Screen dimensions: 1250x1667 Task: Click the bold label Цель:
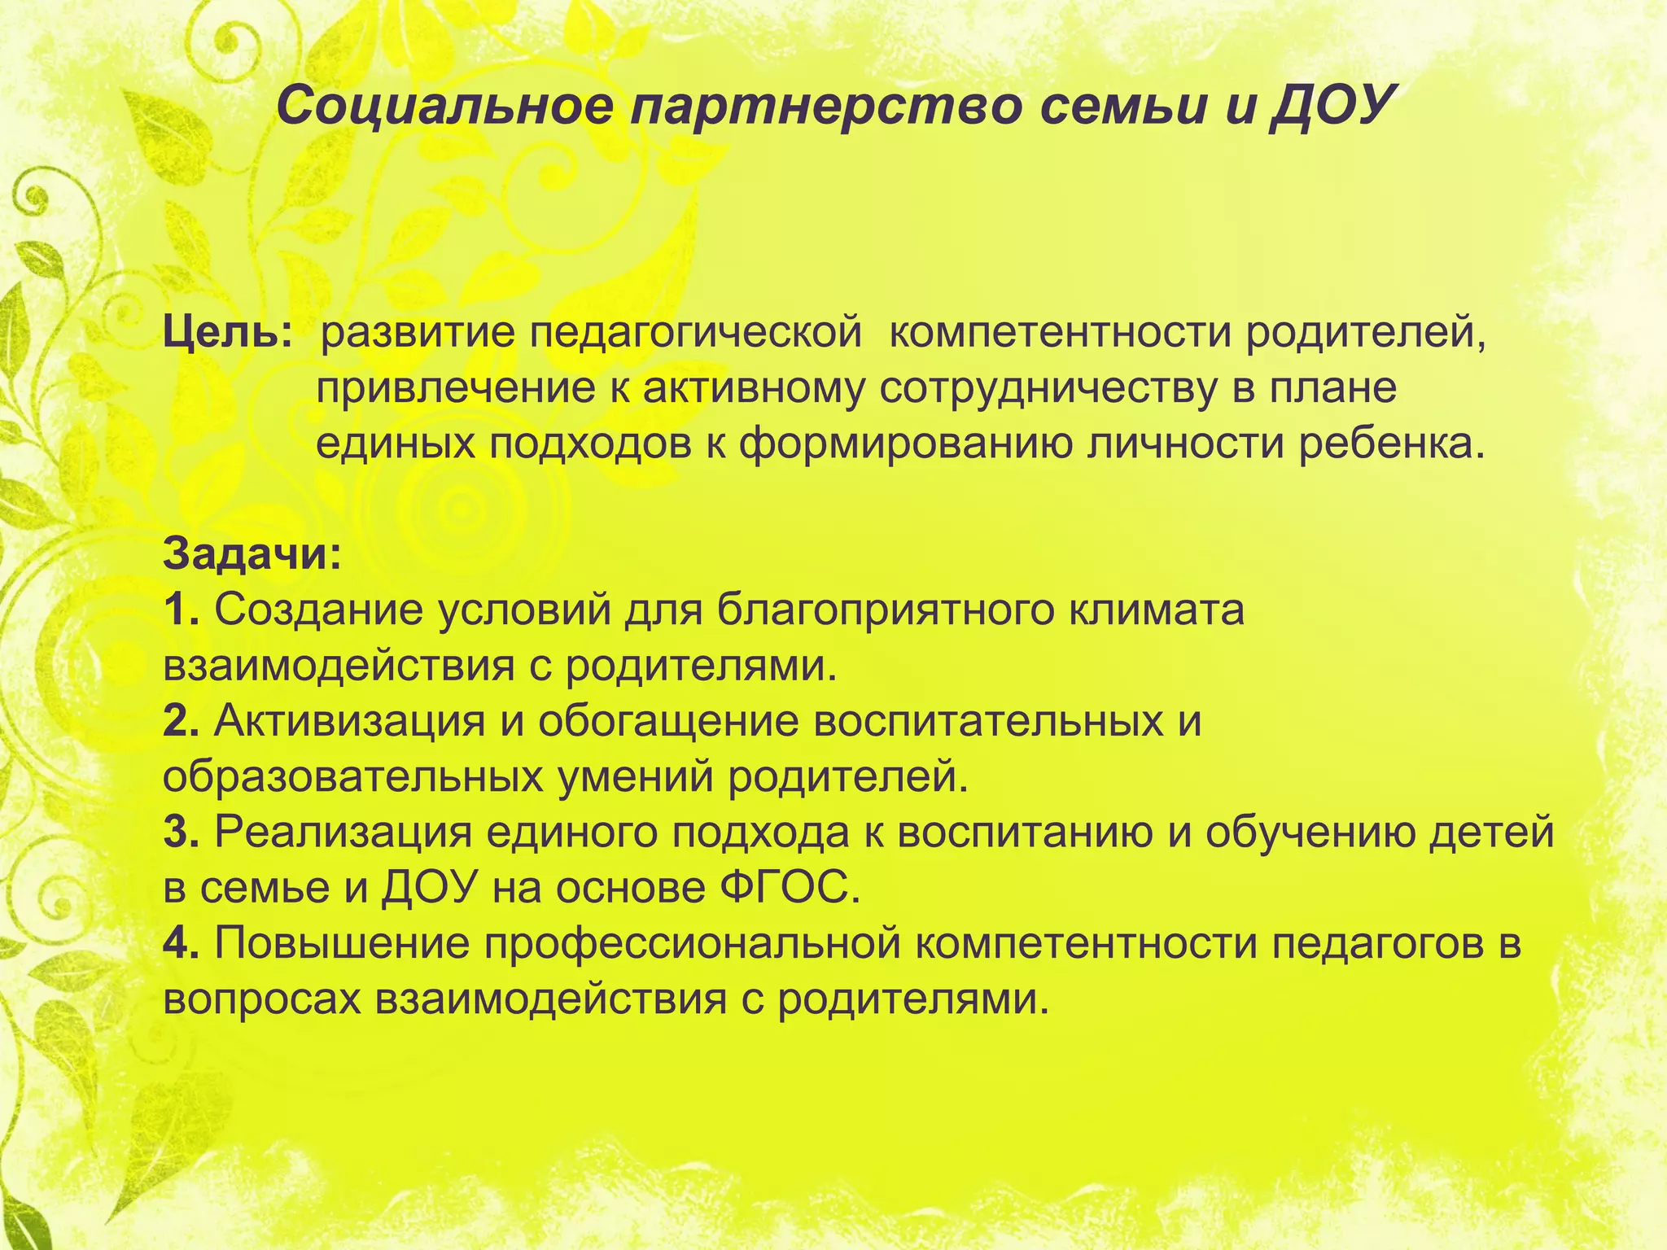tap(227, 334)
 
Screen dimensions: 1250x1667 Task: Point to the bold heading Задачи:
tap(252, 556)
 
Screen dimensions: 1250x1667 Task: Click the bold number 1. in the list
tap(181, 610)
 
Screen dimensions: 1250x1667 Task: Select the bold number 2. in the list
tap(181, 721)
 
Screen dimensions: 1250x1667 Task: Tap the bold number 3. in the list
tap(181, 833)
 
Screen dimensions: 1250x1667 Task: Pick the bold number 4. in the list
tap(181, 944)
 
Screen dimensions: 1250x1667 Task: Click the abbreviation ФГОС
tap(789, 889)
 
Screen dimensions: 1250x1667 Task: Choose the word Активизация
tap(350, 721)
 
